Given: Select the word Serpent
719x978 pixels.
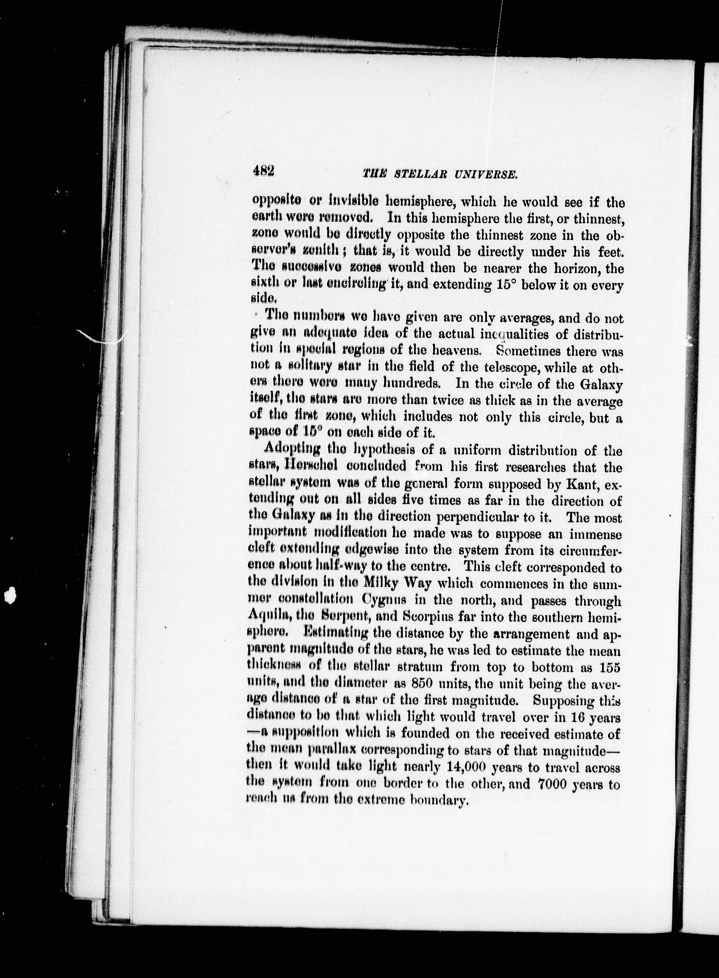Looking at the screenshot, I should click(352, 616).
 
